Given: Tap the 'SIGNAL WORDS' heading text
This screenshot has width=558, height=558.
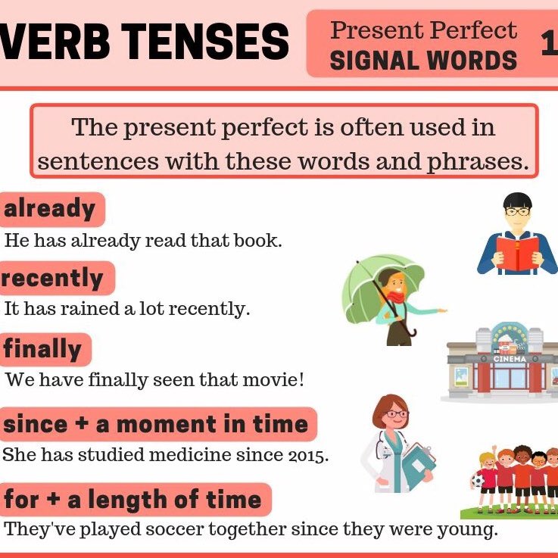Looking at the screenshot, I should (x=423, y=60).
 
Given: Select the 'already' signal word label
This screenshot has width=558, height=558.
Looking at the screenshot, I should (x=50, y=209).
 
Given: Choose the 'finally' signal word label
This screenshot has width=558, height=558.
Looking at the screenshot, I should (x=42, y=348).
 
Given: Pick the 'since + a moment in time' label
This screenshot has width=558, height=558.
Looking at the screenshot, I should (x=156, y=423).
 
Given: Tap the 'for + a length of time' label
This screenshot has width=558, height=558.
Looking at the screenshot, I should (x=132, y=499).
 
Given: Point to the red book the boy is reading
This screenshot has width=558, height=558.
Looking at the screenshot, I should (x=518, y=253).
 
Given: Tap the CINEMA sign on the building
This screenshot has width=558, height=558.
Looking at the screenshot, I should (x=509, y=358).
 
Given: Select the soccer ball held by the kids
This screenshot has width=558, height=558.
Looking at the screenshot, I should (x=478, y=479).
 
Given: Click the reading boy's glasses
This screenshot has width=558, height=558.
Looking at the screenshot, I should (x=518, y=211).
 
